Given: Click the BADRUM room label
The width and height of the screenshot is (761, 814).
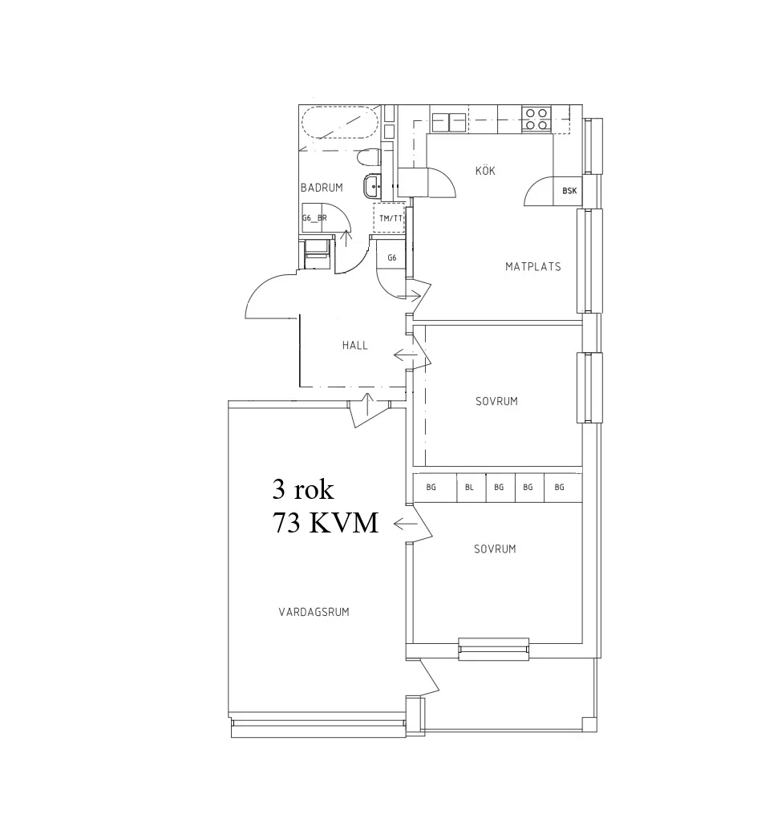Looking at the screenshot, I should (322, 188).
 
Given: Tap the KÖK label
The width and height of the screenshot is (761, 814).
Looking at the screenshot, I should (484, 171).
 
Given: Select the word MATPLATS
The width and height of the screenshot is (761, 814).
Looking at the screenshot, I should (532, 266).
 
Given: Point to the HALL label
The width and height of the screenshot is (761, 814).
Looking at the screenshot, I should (354, 346).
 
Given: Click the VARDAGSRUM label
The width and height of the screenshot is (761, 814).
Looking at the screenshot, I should (314, 612).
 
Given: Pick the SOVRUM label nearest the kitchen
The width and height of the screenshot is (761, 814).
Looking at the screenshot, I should (495, 401).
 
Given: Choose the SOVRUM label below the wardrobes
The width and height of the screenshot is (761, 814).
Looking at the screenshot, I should (494, 549).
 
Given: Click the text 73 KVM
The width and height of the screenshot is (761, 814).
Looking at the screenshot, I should (325, 524).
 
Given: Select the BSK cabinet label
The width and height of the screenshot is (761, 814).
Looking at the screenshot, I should (569, 191).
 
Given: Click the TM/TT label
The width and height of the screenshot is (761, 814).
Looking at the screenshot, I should (391, 218).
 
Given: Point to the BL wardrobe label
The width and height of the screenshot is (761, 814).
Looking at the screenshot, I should (469, 487).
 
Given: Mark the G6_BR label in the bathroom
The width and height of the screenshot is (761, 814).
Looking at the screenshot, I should (314, 218).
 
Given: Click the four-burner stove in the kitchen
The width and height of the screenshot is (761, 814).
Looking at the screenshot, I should (536, 119).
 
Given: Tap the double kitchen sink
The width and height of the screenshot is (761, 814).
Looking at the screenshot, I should (448, 121).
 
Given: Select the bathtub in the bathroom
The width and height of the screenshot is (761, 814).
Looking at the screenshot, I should (339, 123).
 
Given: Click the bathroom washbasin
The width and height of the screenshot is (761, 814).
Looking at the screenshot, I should (374, 188).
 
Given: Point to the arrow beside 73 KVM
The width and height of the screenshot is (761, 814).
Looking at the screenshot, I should (405, 524).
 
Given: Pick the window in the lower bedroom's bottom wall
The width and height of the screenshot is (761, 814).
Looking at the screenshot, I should (494, 649).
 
